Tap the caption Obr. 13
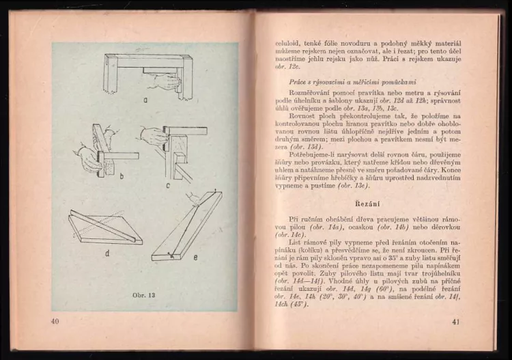(x=144, y=294)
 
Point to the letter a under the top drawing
(x=145, y=98)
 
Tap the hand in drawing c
(x=152, y=136)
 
